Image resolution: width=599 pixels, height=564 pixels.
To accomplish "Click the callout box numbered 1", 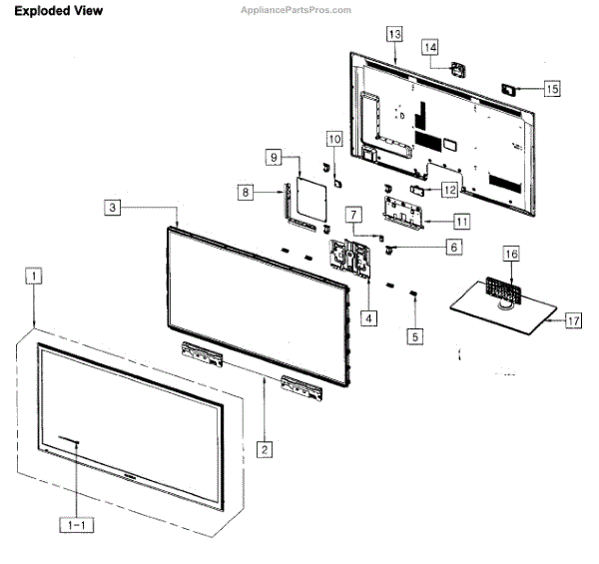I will click(x=35, y=275).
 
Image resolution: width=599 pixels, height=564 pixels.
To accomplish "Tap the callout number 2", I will click(x=265, y=449).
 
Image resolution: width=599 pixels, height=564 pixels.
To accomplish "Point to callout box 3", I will click(x=115, y=208).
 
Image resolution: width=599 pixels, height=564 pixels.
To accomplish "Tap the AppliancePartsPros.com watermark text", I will click(x=297, y=10).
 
